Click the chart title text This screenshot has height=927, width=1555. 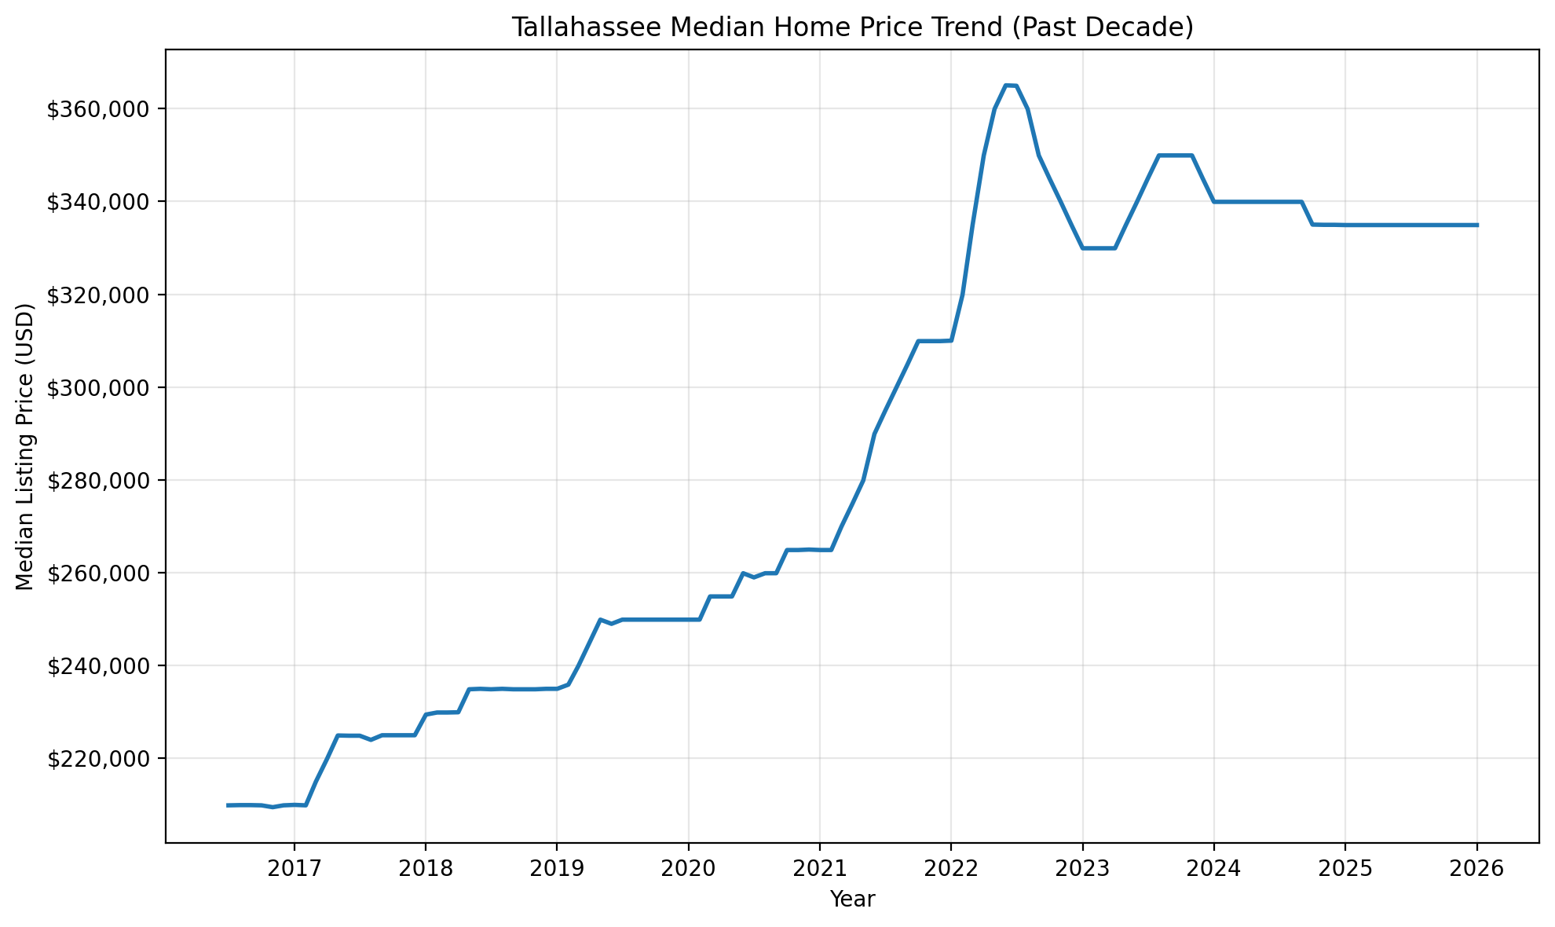pos(852,27)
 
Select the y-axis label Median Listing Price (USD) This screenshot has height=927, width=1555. pos(25,447)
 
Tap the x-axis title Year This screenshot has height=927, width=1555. pos(852,900)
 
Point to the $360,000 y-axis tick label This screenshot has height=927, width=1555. pos(98,109)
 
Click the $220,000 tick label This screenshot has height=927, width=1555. pos(98,759)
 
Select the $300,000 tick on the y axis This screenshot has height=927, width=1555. pos(98,388)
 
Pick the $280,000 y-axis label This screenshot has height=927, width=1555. pos(98,481)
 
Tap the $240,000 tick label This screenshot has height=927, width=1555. pos(98,666)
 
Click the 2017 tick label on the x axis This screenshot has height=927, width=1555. pos(294,869)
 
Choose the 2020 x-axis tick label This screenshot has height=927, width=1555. pos(688,869)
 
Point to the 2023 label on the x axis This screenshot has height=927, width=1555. pos(1082,869)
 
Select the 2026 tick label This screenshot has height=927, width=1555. pos(1476,869)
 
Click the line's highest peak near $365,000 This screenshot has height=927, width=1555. pos(1011,85)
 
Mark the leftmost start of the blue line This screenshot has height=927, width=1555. pos(228,805)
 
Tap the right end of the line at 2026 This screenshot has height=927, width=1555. pos(1476,225)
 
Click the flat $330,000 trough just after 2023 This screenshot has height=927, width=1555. pos(1099,248)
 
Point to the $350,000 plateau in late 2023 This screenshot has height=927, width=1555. pos(1176,156)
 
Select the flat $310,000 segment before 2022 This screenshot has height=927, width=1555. pos(935,341)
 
